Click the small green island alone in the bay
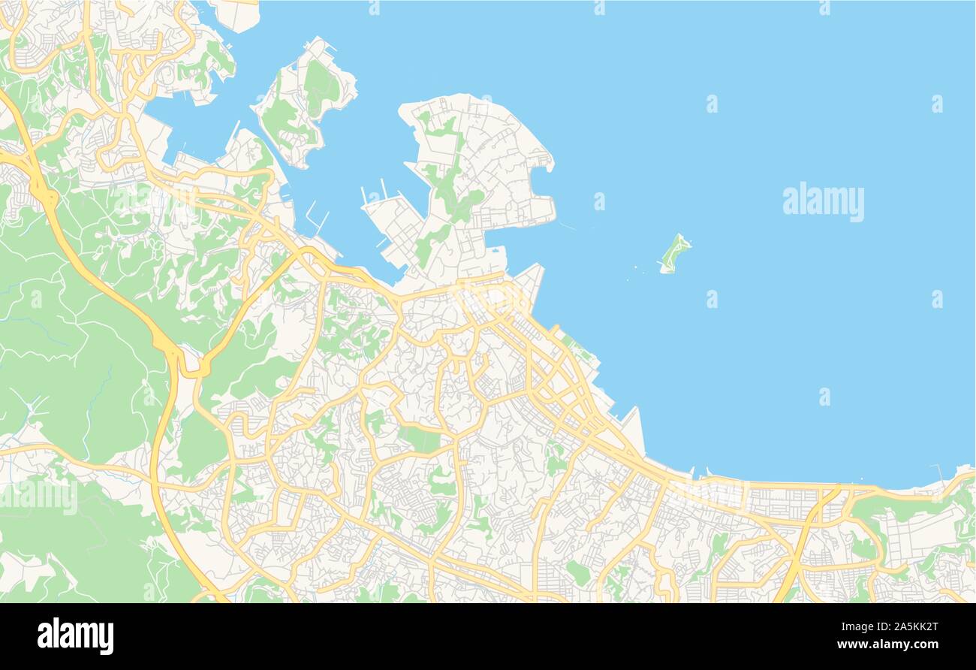tap(674, 254)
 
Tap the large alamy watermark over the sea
tap(823, 201)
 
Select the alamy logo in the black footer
tap(75, 635)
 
